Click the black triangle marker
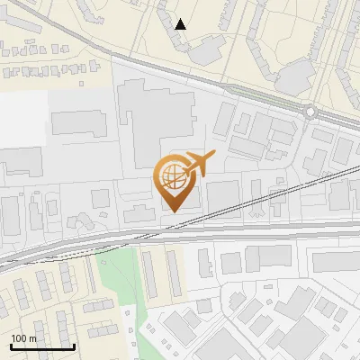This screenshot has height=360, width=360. [181, 24]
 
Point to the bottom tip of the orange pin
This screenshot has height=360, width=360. [172, 211]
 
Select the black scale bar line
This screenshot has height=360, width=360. [42, 346]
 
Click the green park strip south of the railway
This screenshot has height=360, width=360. [121, 279]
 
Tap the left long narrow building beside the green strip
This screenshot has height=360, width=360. [149, 274]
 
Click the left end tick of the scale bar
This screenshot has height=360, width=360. [11, 346]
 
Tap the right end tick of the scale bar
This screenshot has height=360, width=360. [74, 346]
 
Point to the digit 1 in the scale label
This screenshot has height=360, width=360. [14, 338]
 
